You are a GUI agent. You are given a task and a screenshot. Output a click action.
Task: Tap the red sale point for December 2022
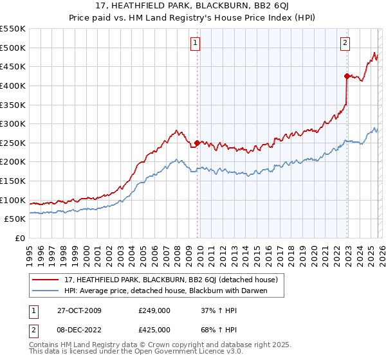click(347, 76)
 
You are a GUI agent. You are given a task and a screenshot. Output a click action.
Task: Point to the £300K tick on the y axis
click(14, 123)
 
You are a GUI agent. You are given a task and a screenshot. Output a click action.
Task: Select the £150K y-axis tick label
click(14, 181)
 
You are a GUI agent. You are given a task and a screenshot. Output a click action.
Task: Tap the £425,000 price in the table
click(154, 329)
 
